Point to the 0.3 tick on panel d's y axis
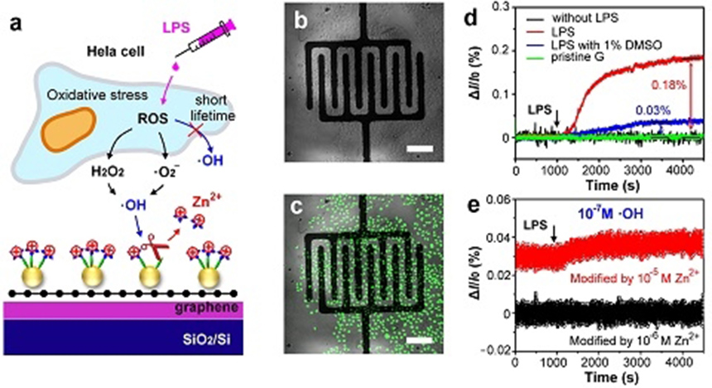click(x=502, y=7)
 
